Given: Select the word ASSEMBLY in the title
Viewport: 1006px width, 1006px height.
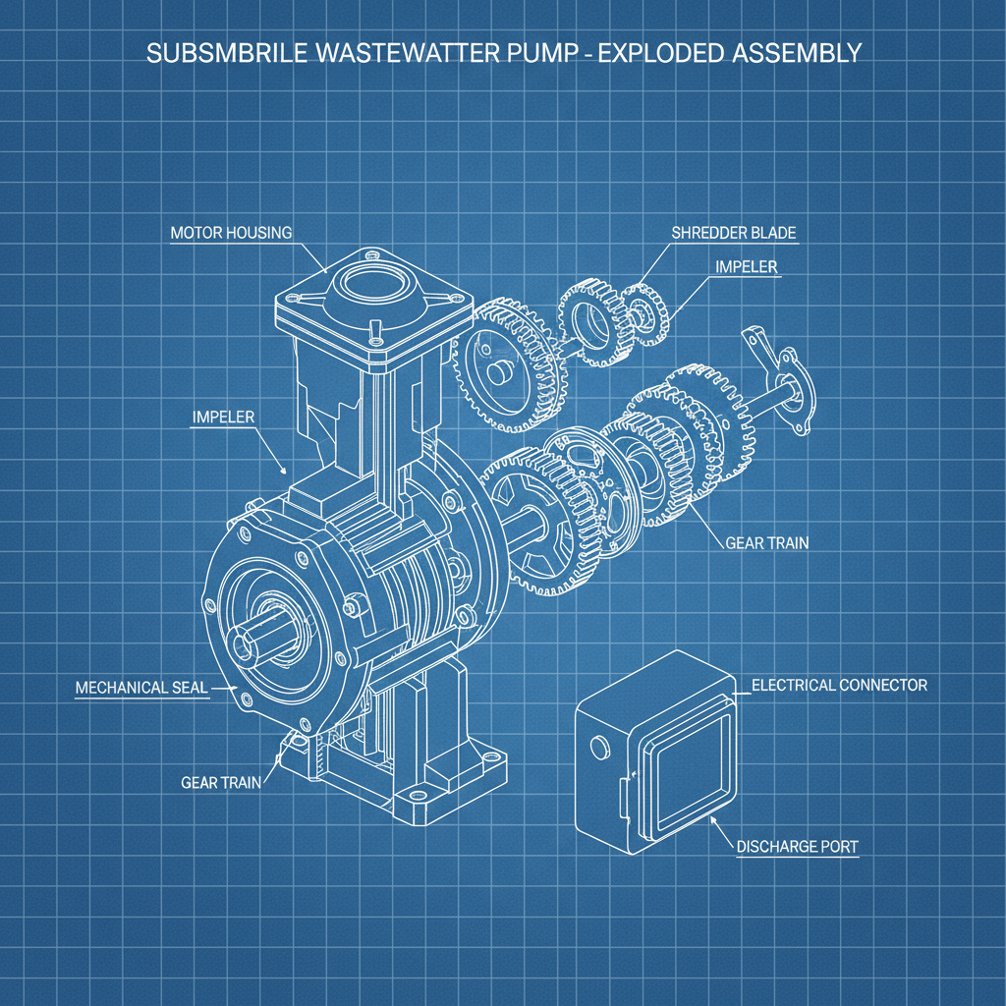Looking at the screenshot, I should pos(797,53).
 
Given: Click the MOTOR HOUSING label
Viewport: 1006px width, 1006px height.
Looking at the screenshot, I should pos(231,234).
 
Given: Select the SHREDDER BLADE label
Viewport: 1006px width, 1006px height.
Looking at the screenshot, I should pos(734,233).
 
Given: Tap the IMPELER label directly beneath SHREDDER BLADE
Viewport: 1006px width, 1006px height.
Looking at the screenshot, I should pos(748,266).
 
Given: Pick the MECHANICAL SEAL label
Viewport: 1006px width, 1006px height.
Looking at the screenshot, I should pos(141,688).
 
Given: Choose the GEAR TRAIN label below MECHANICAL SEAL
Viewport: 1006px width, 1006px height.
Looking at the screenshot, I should pos(221,783).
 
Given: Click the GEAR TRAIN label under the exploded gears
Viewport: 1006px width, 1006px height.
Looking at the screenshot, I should pos(766,542).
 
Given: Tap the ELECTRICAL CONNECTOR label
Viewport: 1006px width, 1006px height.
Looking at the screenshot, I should pos(839,685).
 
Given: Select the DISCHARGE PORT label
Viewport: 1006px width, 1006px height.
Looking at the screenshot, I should pos(797,847).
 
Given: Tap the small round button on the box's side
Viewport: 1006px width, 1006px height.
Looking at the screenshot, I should pos(594,749).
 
